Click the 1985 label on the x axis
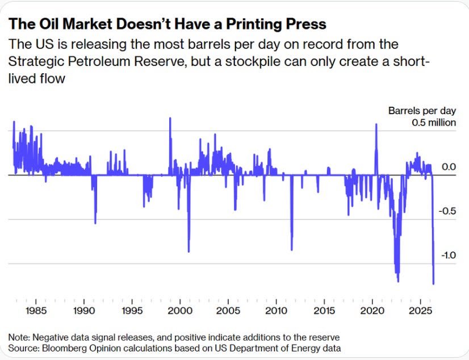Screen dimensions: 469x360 pos(36,311)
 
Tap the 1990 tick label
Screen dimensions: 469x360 pos(84,311)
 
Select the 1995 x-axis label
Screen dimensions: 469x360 pos(132,311)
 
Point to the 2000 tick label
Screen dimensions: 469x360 pos(180,311)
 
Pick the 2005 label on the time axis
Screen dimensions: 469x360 pos(228,311)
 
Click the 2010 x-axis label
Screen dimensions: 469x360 pos(276,311)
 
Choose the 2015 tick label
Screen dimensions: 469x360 pos(324,311)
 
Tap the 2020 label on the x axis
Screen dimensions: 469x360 pos(372,311)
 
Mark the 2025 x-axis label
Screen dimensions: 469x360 pos(420,311)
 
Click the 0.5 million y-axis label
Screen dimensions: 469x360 pos(434,123)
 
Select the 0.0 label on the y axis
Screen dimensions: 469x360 pos(449,166)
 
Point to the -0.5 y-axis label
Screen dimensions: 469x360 pos(447,211)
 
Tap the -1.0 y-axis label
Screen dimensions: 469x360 pos(449,255)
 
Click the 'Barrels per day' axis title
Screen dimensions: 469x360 pos(422,111)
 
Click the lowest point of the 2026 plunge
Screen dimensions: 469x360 pos(433,284)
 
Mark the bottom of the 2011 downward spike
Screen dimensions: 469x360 pos(292,250)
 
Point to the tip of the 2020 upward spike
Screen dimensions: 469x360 pos(376,124)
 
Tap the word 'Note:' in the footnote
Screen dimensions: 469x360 pos(19,338)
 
